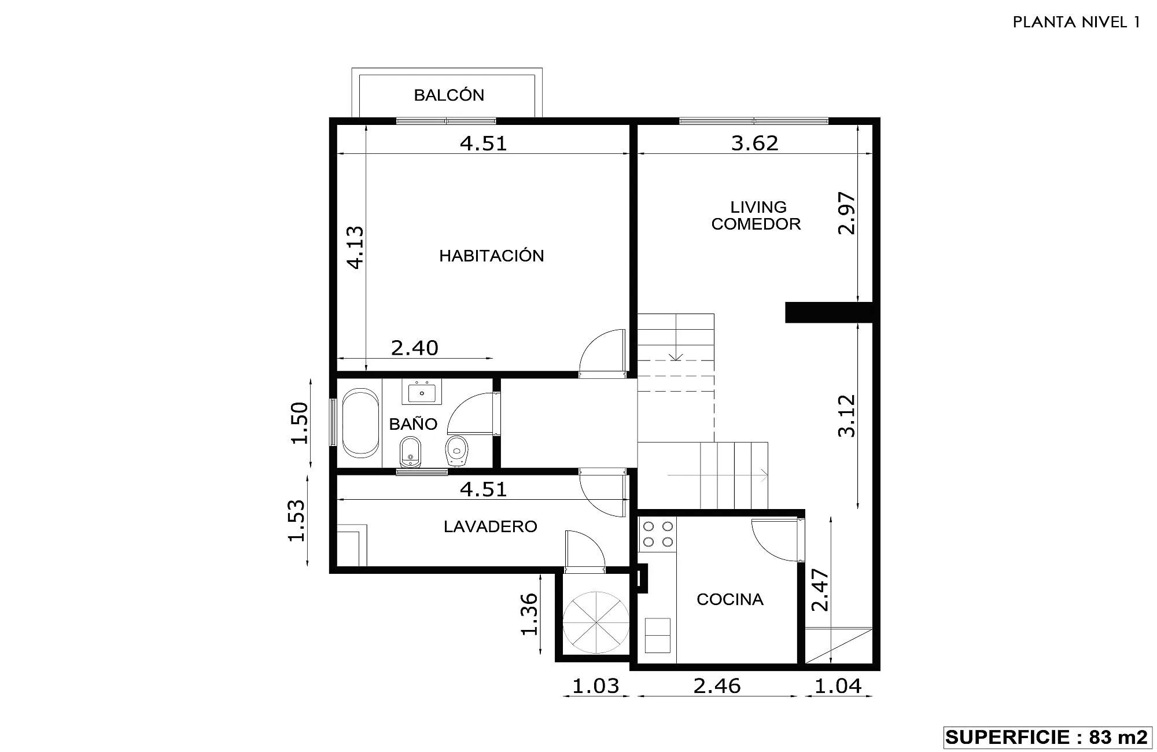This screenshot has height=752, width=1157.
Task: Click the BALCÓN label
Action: [x=449, y=95]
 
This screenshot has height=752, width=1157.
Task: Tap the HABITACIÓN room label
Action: [x=492, y=256]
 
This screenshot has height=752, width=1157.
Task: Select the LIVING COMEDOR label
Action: [x=756, y=215]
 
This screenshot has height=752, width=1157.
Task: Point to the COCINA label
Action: [x=730, y=599]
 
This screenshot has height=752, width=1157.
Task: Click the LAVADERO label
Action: [x=491, y=526]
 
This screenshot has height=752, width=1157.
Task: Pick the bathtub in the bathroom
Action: [x=360, y=423]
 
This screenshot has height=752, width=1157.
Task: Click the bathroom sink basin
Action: [x=422, y=393]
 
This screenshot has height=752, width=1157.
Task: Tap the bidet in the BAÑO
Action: [x=410, y=452]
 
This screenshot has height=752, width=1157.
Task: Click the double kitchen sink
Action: [x=657, y=635]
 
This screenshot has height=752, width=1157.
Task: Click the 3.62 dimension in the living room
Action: [x=755, y=142]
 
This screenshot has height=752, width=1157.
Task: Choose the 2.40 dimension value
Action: [x=415, y=348]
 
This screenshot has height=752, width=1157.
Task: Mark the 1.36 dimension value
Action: [x=529, y=614]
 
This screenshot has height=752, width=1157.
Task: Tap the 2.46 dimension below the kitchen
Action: [x=717, y=685]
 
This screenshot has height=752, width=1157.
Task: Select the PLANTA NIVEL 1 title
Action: [x=1077, y=22]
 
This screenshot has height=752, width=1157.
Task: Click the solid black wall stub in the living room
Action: [x=828, y=312]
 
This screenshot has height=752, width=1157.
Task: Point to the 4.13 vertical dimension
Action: [x=355, y=248]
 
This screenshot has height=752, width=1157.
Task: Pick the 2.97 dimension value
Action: [x=847, y=213]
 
